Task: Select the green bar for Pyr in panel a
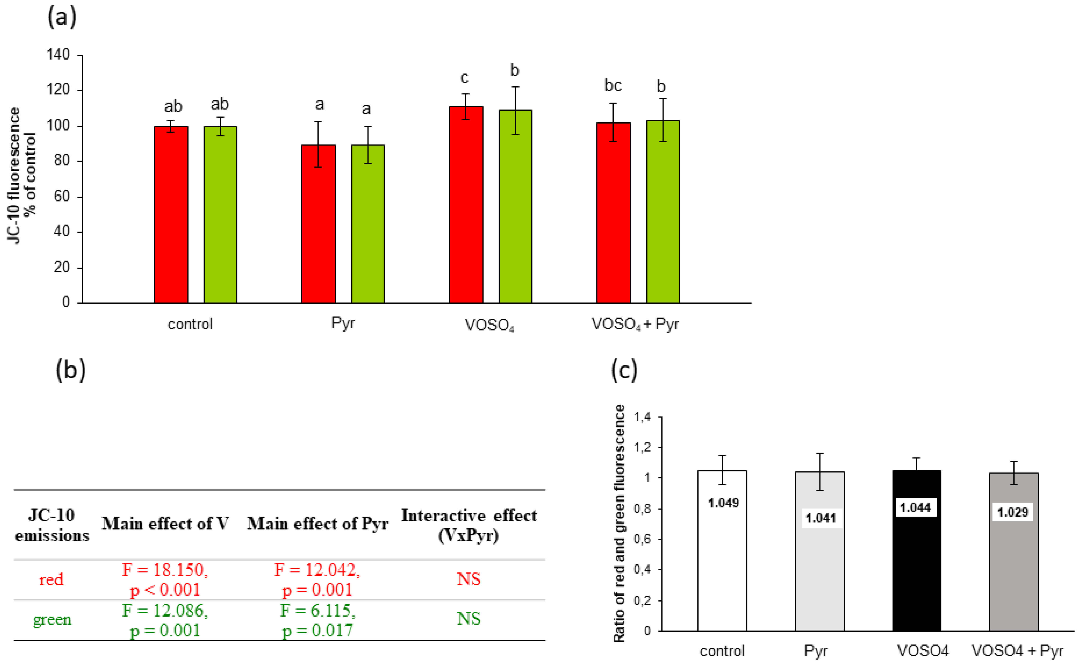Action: (368, 224)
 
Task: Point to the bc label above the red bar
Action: (613, 85)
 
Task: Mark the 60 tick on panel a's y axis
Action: (61, 197)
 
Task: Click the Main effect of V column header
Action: (165, 524)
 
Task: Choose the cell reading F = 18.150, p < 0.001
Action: (165, 579)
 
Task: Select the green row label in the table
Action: (52, 619)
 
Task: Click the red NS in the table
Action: (468, 579)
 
